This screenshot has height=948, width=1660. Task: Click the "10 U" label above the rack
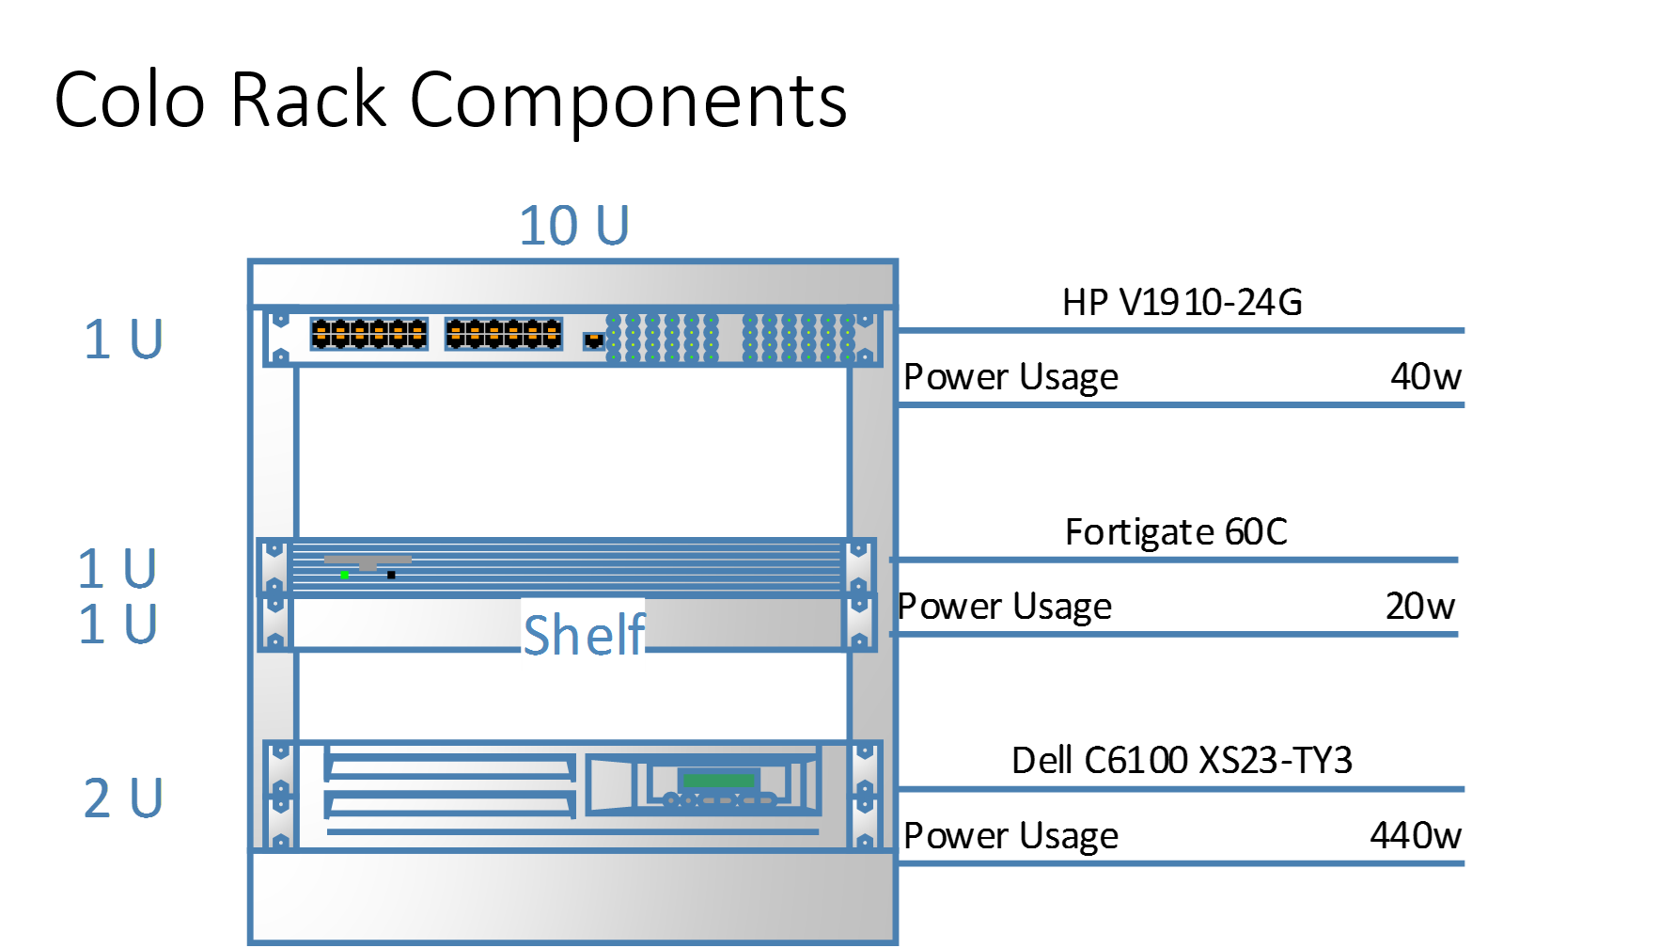pos(574,226)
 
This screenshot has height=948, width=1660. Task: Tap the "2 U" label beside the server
pos(123,798)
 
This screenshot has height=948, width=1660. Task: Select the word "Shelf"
pos(584,635)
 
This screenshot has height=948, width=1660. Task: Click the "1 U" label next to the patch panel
pos(123,339)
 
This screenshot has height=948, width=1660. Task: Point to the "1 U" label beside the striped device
pos(117,568)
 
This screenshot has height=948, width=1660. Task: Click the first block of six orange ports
pos(368,334)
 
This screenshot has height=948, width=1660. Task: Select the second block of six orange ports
pos(504,334)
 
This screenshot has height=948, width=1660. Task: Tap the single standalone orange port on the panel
pos(593,340)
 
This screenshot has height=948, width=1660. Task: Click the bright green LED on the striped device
pos(345,575)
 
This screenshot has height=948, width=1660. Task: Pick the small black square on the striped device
pos(391,575)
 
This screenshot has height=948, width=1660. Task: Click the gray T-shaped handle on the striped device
pos(368,561)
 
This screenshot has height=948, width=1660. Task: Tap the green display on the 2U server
pos(719,781)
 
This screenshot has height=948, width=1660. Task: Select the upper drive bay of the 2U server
pos(449,766)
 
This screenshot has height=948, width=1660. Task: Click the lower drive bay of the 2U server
pos(449,804)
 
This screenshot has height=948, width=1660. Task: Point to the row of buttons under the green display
pos(720,800)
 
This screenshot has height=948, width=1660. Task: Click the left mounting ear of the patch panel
pos(279,338)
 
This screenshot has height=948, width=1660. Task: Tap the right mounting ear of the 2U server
pos(865,795)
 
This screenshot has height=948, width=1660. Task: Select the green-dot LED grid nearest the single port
pos(662,338)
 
